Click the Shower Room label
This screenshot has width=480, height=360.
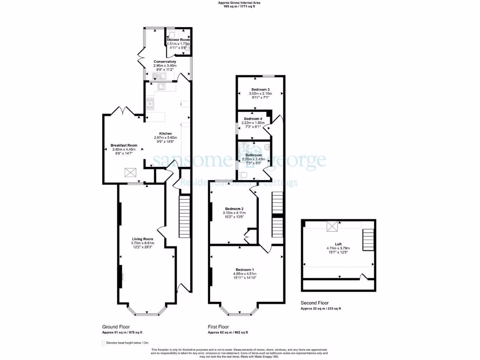tap(178, 40)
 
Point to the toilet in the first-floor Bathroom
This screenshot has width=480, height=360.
tap(243, 175)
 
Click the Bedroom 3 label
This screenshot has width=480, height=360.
tap(260, 89)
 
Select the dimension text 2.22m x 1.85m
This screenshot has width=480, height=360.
tap(253, 123)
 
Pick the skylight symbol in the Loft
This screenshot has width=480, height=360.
tap(333, 227)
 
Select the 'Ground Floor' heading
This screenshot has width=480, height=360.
tap(116, 327)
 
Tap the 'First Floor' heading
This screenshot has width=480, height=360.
tap(218, 327)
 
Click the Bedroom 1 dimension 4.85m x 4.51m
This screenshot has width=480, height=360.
tap(245, 274)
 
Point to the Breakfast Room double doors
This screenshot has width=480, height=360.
tap(121, 111)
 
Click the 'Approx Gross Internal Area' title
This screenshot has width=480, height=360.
tap(240, 2)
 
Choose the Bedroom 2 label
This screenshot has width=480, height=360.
tap(234, 209)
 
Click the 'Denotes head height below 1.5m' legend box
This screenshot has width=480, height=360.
tap(104, 343)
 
